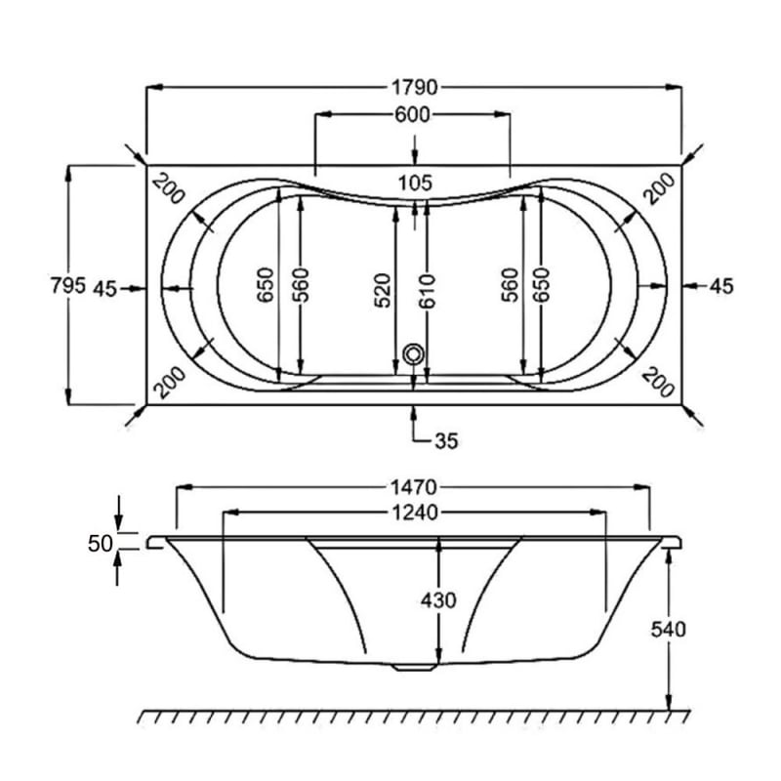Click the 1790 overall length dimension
(x=414, y=87)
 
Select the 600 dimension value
(x=413, y=115)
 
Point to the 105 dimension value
(x=415, y=183)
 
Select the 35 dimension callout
(x=445, y=440)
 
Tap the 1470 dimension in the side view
(x=414, y=486)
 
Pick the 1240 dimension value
(x=414, y=512)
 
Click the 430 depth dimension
(x=438, y=600)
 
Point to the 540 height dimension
(x=669, y=630)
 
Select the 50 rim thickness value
(x=101, y=544)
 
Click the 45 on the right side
(x=720, y=286)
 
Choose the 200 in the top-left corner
(x=169, y=189)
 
